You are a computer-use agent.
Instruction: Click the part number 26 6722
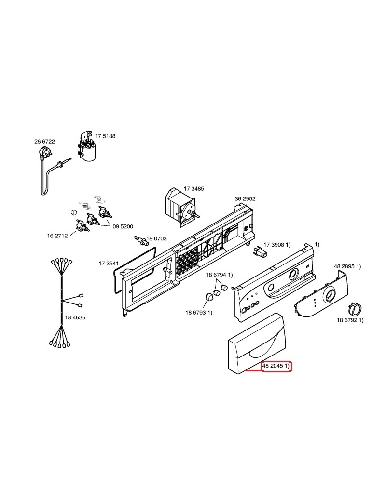pos(44,142)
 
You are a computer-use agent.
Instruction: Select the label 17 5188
pos(105,136)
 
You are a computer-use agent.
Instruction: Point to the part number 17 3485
pos(193,189)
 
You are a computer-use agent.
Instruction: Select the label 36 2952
pos(245,199)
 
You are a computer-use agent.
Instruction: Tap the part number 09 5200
pos(123,226)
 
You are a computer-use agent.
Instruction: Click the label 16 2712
pos(57,236)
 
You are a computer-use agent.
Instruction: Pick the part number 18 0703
pos(156,238)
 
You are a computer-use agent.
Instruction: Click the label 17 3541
pos(109,264)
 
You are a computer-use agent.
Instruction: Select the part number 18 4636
pos(75,317)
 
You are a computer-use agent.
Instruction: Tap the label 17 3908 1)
pos(277,245)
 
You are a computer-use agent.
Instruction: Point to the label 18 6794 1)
pos(219,275)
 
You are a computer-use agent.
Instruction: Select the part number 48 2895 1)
pos(347,266)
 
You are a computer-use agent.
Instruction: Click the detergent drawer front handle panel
pos(256,344)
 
